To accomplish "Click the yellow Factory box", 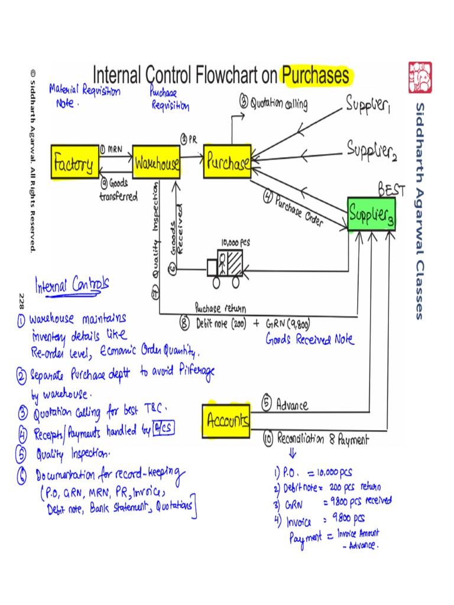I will click(73, 162).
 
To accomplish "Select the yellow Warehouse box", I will click(156, 162).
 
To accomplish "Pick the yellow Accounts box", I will click(226, 421).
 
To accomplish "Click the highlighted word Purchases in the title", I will click(316, 76).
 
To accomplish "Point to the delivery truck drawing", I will click(225, 267).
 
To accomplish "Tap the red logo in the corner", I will click(420, 78).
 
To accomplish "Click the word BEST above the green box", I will click(391, 190).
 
